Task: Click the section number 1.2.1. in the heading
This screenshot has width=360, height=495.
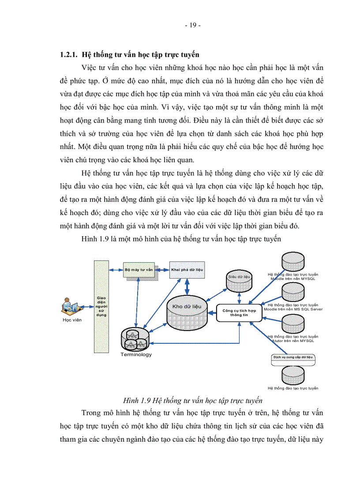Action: (69, 55)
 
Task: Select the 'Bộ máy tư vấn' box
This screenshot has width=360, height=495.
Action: (138, 269)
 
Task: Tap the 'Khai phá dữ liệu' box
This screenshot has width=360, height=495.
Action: (187, 269)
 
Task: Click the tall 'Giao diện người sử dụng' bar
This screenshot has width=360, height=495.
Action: (101, 306)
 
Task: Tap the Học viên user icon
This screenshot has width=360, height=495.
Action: (69, 306)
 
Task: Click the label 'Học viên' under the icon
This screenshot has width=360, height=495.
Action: (69, 320)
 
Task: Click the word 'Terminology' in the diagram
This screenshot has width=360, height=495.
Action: (136, 354)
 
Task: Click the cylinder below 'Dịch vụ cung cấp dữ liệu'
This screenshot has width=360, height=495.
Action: (293, 375)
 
